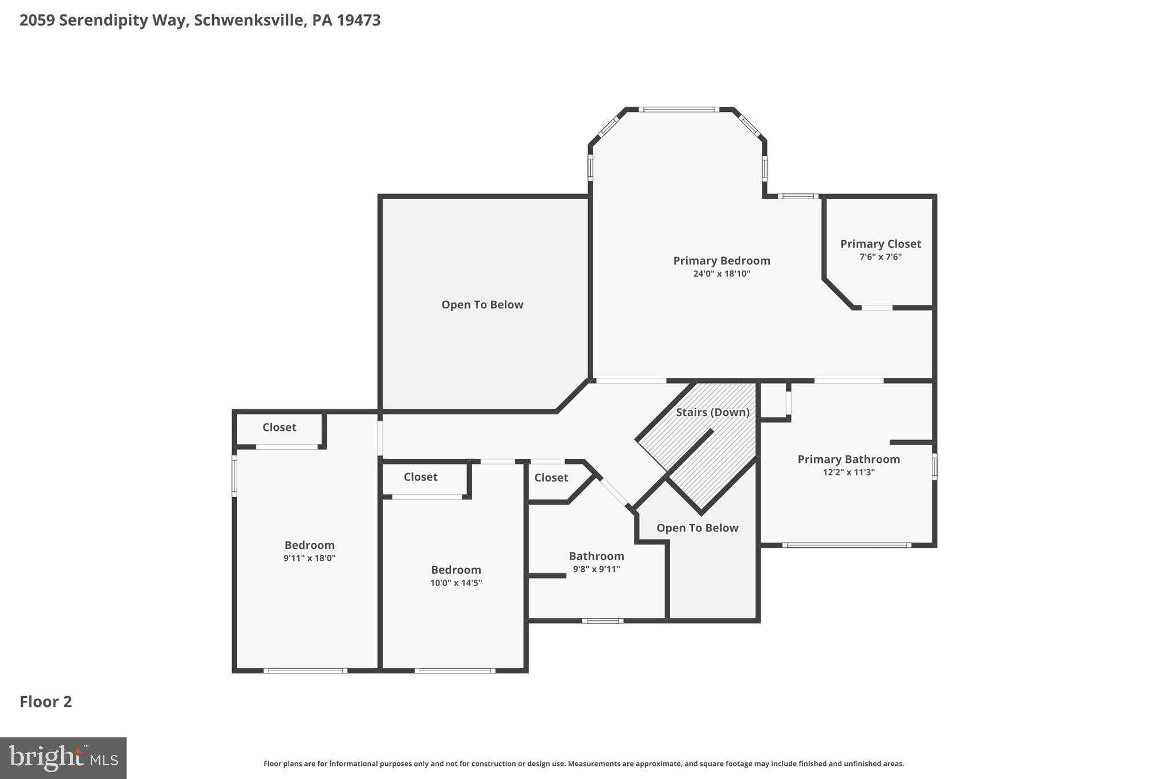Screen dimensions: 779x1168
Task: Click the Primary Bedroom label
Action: tap(721, 261)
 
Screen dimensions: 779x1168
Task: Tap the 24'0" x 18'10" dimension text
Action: tap(721, 274)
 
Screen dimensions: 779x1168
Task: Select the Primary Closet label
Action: tap(880, 244)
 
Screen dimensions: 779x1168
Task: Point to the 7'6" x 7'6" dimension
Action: tap(880, 257)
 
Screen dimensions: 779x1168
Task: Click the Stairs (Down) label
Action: tap(712, 412)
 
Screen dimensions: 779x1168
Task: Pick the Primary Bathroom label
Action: tap(848, 459)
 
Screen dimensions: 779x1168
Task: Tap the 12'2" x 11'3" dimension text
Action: tap(848, 473)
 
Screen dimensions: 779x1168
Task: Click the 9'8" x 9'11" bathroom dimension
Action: tap(596, 569)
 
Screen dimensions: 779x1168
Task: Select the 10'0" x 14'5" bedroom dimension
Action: tap(456, 583)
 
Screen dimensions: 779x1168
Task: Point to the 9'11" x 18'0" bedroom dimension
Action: tap(309, 558)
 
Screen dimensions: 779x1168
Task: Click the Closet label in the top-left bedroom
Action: tap(279, 427)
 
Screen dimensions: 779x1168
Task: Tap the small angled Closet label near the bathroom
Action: tap(551, 478)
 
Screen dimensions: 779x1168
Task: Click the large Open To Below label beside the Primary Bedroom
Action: tap(482, 305)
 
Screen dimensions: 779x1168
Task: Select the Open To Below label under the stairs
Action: tap(697, 528)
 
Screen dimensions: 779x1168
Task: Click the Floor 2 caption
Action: tap(46, 702)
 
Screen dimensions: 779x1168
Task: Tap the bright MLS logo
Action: tap(63, 758)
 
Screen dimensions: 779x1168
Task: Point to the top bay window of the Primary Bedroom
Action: tap(678, 109)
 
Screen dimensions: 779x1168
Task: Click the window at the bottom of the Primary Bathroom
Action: tap(846, 546)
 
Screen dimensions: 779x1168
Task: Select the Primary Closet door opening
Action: tap(877, 308)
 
